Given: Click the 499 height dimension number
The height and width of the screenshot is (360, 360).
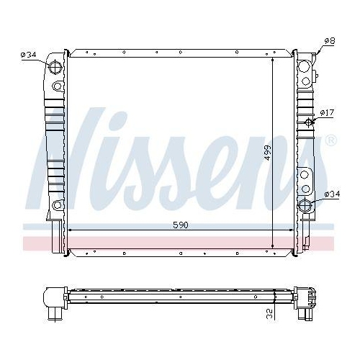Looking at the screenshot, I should tap(267, 153).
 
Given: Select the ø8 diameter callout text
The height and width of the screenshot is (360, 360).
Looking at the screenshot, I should tap(329, 41).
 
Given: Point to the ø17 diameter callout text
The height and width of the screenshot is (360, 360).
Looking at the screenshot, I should tap(328, 113).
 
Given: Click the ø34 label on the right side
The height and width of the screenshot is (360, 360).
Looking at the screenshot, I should tap(332, 194).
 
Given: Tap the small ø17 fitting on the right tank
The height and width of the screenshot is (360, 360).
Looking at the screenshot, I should tap(310, 120).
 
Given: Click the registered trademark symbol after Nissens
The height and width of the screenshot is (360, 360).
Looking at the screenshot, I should tap(330, 140).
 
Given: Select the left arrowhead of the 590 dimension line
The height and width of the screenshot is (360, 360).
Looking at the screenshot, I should tap(70, 230).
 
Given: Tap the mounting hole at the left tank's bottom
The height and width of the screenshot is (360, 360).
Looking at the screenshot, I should tap(57, 206).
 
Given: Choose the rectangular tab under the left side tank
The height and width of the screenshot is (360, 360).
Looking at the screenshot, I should tap(55, 235).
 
